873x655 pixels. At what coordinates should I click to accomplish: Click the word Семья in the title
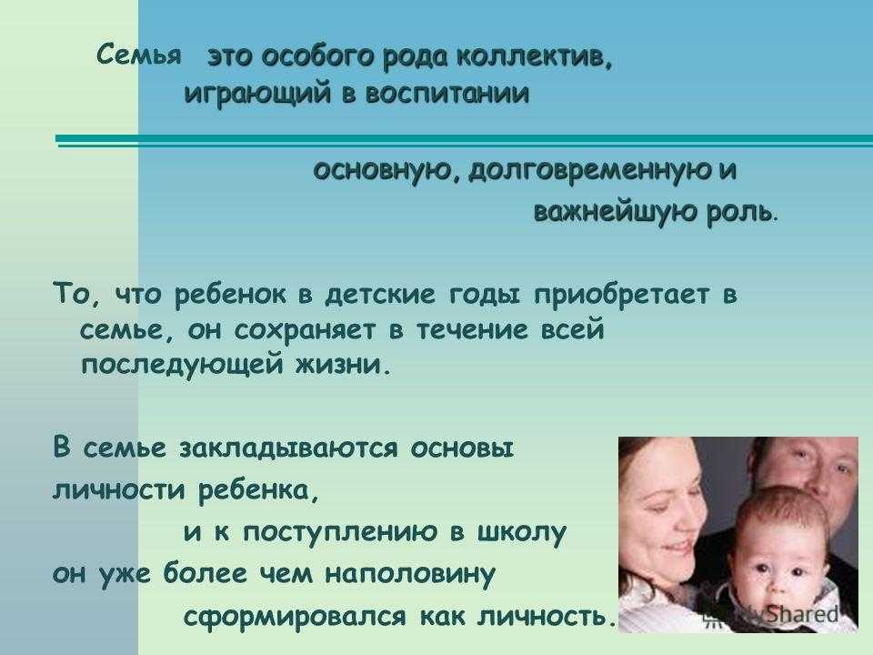138,55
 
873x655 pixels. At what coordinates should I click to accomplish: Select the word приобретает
622,295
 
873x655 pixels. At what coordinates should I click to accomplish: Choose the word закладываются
288,448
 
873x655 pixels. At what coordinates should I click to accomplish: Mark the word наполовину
409,575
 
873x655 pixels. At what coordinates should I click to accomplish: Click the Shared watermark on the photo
802,615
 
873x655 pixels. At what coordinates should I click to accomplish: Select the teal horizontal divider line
465,140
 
